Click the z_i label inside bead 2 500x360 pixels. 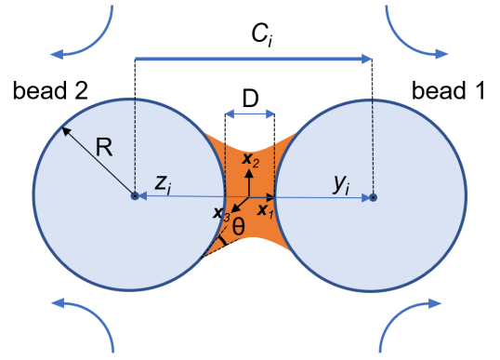tap(163, 183)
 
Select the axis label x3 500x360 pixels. tap(221, 214)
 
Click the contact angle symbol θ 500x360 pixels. tap(240, 226)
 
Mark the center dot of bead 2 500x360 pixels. tap(135, 196)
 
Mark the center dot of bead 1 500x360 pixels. tap(373, 196)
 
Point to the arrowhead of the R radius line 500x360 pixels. tap(65, 129)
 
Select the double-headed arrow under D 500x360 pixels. tap(250, 114)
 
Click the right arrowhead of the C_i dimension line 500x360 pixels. tap(367, 59)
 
